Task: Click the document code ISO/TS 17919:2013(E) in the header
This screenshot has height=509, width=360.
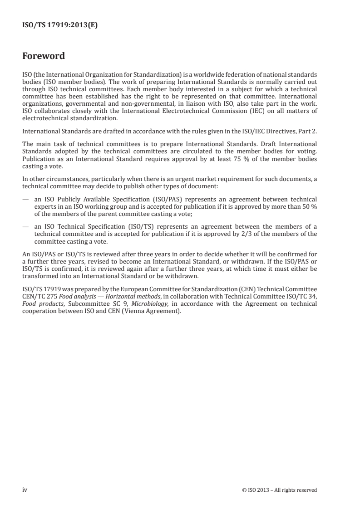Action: [60, 26]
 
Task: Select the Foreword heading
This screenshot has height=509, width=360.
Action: [44, 56]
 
